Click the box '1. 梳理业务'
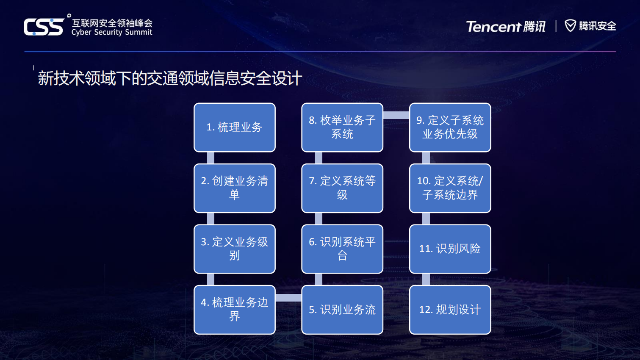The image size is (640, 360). (235, 127)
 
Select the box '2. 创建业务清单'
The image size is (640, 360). (235, 188)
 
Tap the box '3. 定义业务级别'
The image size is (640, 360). (235, 249)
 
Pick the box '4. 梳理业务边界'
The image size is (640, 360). (235, 310)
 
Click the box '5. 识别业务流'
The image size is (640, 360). (342, 310)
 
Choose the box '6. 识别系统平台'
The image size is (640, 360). (342, 249)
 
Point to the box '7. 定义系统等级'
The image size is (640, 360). (342, 188)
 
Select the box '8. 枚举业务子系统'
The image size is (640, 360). (342, 127)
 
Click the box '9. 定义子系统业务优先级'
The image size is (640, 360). (450, 127)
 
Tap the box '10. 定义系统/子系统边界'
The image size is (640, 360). (450, 188)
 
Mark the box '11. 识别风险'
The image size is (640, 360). (450, 249)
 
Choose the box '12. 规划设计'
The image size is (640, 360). (450, 310)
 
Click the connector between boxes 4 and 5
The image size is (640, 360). (288, 298)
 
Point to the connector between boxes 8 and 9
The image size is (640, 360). (396, 115)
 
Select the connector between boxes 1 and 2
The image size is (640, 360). (211, 158)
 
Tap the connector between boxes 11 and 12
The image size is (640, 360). (426, 280)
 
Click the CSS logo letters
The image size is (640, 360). (44, 27)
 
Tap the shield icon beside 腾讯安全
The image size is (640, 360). (570, 26)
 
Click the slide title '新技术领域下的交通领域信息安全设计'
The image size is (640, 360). (170, 78)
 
